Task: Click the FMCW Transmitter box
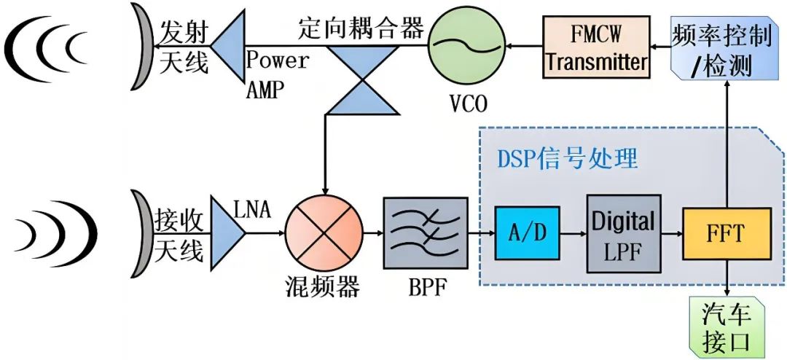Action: pyautogui.click(x=596, y=47)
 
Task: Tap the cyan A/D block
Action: pyautogui.click(x=527, y=233)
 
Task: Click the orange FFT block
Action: pyautogui.click(x=727, y=233)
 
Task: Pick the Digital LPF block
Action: pyautogui.click(x=624, y=233)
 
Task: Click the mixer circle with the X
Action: pyautogui.click(x=324, y=233)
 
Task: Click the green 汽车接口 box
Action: pyautogui.click(x=727, y=326)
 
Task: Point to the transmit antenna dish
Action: pyautogui.click(x=141, y=47)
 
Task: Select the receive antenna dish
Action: pyautogui.click(x=141, y=234)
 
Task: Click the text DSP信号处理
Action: pyautogui.click(x=567, y=160)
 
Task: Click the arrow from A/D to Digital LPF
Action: pyautogui.click(x=573, y=233)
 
